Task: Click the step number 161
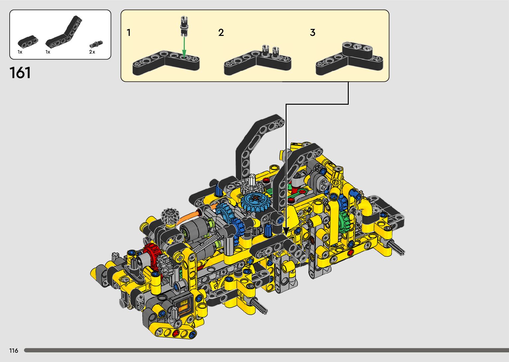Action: click(20, 73)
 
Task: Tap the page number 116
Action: click(14, 351)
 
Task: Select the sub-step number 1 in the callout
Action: click(129, 33)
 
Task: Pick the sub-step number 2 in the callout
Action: click(221, 33)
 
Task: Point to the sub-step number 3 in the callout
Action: click(313, 33)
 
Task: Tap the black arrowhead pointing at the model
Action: click(286, 231)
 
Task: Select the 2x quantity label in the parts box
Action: click(92, 52)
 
